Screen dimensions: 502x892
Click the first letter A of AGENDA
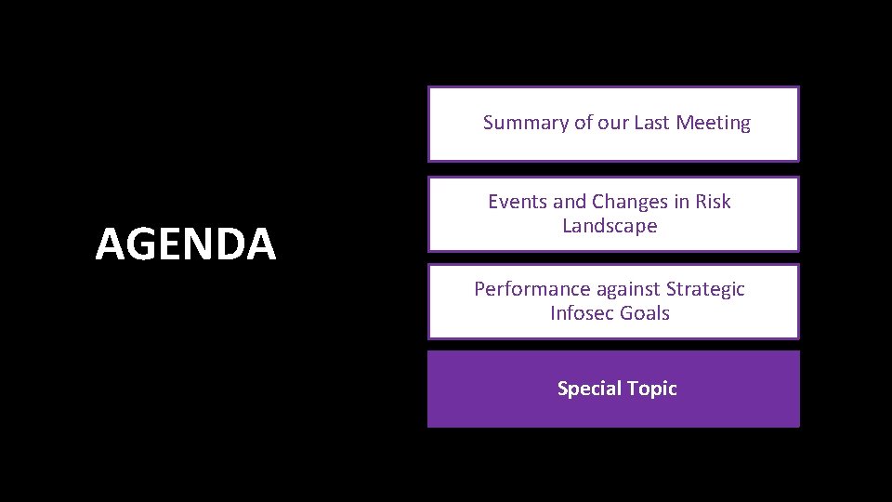coord(111,244)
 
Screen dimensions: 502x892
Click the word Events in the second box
coord(515,202)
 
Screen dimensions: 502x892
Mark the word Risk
coord(713,202)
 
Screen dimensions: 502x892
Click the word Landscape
coord(610,226)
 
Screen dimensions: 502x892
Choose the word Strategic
coord(705,289)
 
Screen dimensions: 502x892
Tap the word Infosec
coord(582,313)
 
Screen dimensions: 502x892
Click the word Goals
coord(645,313)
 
